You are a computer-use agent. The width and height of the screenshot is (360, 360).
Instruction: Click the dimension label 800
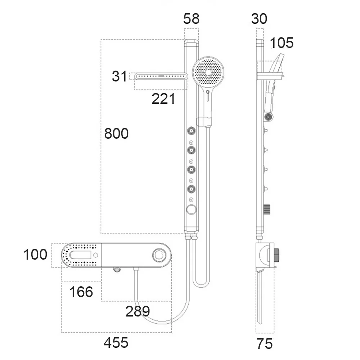tap(116, 134)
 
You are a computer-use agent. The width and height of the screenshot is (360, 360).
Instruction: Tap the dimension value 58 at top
tap(191, 19)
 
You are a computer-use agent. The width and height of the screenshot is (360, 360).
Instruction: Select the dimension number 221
tap(163, 99)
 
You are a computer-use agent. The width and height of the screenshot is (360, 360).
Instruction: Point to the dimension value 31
tap(119, 76)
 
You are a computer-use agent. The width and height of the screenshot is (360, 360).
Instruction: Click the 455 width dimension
tap(116, 343)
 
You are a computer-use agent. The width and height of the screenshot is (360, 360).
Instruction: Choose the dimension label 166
tap(81, 292)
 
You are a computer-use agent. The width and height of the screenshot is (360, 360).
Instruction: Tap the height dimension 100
tap(35, 255)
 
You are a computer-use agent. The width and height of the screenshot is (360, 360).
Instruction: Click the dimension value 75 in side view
tap(265, 344)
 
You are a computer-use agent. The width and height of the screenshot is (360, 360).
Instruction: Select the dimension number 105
tap(282, 43)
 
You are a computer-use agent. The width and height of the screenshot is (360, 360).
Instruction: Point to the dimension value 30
tap(259, 19)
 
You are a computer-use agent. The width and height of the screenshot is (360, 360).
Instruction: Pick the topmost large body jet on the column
tap(191, 131)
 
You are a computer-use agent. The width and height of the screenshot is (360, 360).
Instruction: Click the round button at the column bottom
tap(191, 209)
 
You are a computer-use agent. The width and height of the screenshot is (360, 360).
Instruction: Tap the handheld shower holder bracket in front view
tap(206, 121)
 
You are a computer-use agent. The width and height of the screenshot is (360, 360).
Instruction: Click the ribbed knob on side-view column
tap(267, 209)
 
